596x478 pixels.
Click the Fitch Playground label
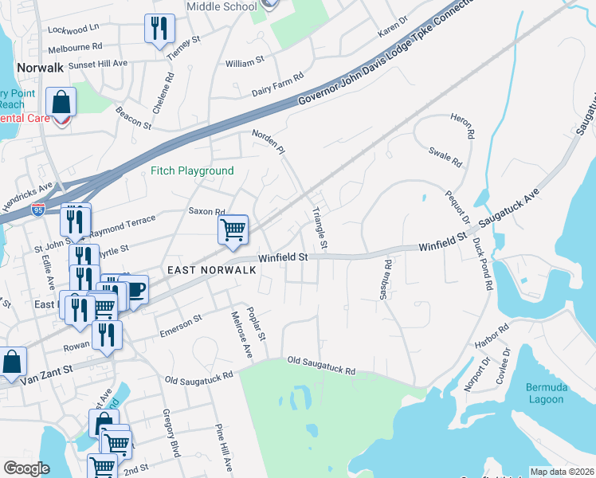tap(193, 170)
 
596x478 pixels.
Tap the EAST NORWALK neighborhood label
tap(211, 270)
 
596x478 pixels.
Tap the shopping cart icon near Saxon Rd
tap(233, 229)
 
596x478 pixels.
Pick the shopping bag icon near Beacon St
tap(61, 103)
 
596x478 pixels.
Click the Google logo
tap(26, 469)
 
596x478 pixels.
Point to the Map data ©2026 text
tap(561, 472)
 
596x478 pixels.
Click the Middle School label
tap(222, 6)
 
